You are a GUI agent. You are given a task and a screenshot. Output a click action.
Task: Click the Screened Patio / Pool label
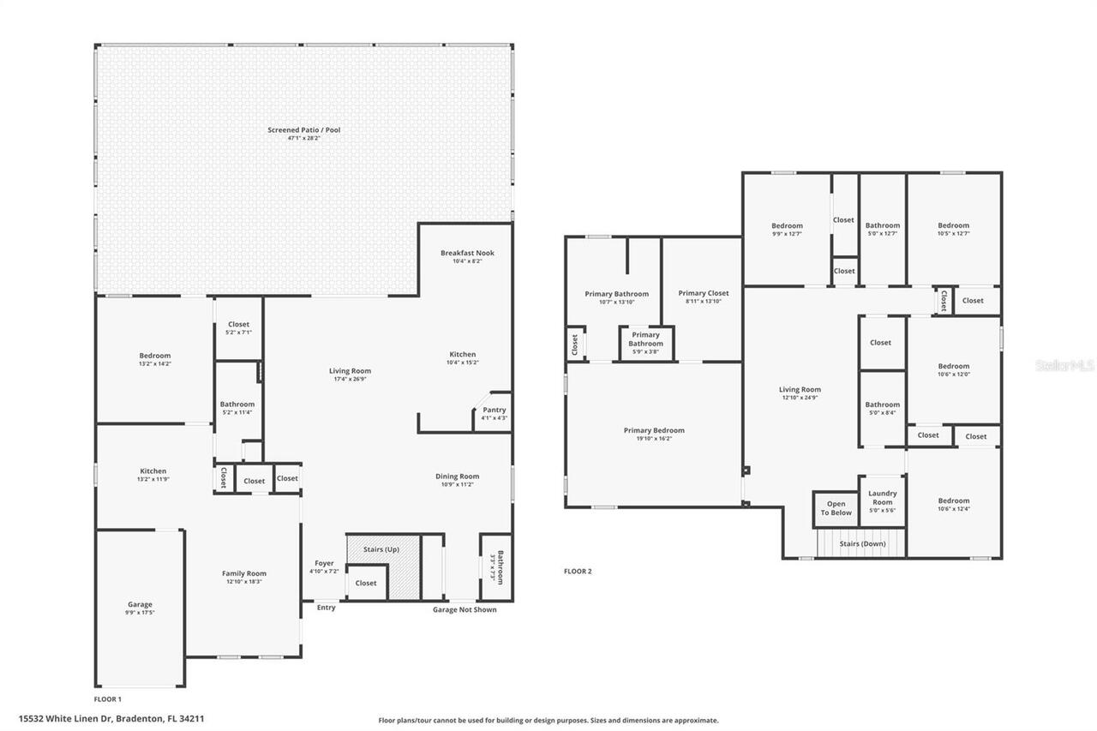coord(303,130)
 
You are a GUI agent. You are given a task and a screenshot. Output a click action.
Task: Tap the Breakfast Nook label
coord(467,253)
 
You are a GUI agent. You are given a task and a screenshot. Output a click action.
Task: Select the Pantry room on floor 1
coord(494,410)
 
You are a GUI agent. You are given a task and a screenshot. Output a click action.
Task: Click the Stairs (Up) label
coord(381,549)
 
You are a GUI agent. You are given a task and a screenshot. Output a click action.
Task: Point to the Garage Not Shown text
coord(464,610)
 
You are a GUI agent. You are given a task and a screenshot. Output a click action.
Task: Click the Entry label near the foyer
coord(326,608)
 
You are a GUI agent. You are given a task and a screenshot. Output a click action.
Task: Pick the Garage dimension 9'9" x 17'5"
coord(140,614)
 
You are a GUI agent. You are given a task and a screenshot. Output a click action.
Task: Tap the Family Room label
coord(244,573)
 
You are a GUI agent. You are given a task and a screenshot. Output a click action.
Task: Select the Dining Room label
coord(458,476)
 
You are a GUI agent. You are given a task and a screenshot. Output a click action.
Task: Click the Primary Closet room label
coord(704,293)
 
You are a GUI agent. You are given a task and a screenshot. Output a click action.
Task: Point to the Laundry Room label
coord(882,497)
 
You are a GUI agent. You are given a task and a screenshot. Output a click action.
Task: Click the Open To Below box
coord(836,509)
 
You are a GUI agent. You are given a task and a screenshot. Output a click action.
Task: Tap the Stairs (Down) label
coord(862,543)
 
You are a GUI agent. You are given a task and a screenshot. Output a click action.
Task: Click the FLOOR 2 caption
coord(578,571)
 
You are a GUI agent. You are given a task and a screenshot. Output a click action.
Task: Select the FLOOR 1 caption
coord(108,699)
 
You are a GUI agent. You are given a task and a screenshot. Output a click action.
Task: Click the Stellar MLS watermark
coord(1064,365)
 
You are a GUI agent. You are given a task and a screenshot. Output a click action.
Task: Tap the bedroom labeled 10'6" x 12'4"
coord(953,505)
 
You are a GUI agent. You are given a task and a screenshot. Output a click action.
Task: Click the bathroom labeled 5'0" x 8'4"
coord(882,408)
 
